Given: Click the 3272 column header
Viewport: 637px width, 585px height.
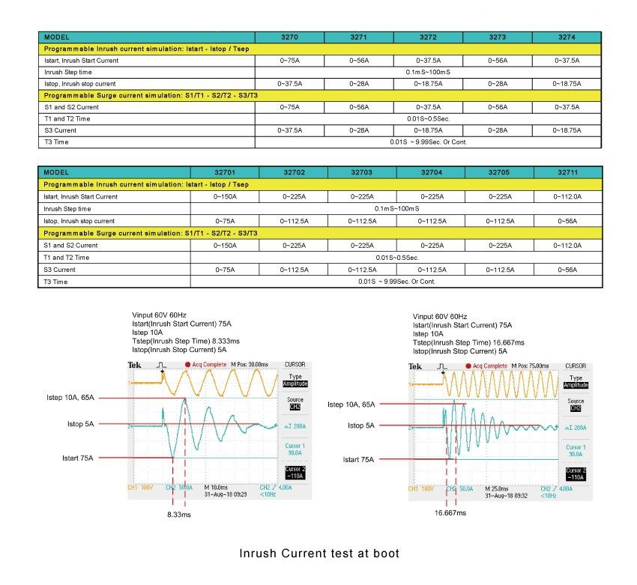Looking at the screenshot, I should pos(428,37).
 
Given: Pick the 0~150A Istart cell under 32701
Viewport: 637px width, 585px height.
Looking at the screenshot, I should pos(225,196).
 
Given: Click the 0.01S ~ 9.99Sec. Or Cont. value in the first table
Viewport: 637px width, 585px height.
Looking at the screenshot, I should pos(428,141).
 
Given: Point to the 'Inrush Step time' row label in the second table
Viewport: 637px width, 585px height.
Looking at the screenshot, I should pos(67,209).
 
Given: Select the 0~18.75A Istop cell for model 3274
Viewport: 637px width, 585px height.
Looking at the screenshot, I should pos(567,83).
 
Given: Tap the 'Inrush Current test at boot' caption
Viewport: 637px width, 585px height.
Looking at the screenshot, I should pos(319,554).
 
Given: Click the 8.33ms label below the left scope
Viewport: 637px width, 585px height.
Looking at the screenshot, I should pos(179,515).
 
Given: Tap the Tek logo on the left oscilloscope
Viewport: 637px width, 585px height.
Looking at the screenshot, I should pos(135,366).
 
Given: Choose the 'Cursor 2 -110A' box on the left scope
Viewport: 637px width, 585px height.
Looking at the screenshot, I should pos(294,472).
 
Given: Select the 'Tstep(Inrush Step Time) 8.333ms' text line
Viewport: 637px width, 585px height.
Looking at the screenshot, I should pos(186,340).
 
